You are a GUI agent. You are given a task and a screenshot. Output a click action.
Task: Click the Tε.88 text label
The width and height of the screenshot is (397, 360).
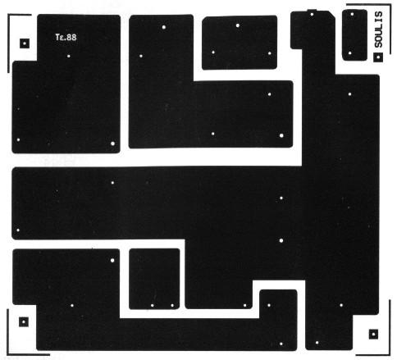coord(66,37)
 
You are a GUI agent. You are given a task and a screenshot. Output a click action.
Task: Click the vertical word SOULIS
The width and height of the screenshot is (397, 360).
coord(379,30)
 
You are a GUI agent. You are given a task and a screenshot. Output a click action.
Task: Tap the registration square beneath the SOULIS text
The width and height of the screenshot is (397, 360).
coord(378,57)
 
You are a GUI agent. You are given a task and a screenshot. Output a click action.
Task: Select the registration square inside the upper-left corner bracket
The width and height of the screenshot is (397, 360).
coord(25,43)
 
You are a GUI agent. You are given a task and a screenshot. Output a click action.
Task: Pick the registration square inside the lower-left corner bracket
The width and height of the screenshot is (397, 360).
coord(24,322)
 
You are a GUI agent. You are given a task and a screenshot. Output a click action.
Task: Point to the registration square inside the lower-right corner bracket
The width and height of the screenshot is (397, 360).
coord(374,334)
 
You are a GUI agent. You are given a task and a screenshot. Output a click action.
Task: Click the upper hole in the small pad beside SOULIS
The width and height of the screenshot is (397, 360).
coord(352,14)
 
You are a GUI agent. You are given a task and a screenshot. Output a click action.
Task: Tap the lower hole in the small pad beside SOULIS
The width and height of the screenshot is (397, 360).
coord(350,53)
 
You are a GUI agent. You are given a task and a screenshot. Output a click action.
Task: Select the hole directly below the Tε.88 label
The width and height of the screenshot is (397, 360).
coord(69,56)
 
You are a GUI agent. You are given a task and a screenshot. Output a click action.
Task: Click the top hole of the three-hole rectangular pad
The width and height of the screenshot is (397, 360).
coord(238,25)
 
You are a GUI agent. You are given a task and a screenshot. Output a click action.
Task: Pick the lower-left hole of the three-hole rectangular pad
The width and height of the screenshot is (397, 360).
coord(213,52)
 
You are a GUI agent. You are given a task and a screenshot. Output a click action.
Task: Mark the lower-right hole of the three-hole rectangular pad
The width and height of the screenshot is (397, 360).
coord(269,53)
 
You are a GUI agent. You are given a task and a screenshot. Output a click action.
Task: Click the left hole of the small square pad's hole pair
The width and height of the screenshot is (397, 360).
coord(153,306)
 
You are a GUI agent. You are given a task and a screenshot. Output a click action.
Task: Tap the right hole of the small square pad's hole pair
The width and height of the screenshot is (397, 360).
coord(172,305)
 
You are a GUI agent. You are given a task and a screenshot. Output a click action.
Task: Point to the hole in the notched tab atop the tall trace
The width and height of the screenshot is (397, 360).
coord(312,14)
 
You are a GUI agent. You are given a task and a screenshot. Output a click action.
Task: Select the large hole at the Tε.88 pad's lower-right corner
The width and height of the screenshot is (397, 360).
coord(112,144)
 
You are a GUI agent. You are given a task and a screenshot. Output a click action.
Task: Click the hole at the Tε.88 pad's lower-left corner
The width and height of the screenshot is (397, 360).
coord(18,140)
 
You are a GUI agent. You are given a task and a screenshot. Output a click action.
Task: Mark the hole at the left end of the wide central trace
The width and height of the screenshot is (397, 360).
coord(18,230)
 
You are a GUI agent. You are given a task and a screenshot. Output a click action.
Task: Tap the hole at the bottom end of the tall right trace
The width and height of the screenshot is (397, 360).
coord(317,343)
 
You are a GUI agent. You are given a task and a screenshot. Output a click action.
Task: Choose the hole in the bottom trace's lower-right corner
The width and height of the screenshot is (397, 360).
coord(281,344)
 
